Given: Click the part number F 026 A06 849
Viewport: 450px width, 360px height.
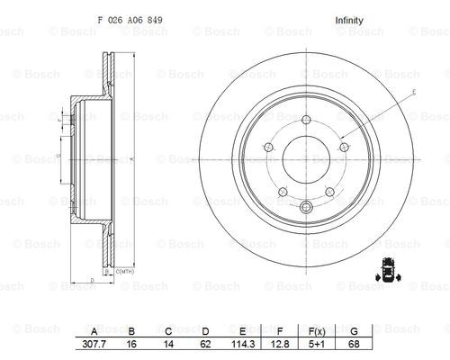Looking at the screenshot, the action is pyautogui.click(x=130, y=20).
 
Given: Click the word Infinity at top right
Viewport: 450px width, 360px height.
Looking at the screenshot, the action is pyautogui.click(x=349, y=21).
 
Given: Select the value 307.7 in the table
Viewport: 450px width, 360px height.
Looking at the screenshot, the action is pyautogui.click(x=94, y=344).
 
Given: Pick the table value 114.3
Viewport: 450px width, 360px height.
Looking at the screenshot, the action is pyautogui.click(x=243, y=344).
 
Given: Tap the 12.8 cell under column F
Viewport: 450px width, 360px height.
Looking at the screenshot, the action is pyautogui.click(x=280, y=344).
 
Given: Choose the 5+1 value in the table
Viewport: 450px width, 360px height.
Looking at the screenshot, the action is pyautogui.click(x=317, y=344).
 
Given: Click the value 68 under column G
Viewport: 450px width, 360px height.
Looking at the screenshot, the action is pyautogui.click(x=354, y=344).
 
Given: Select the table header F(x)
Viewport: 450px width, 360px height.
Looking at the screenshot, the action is pyautogui.click(x=317, y=331).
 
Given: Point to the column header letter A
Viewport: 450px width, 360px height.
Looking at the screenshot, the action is pyautogui.click(x=94, y=331).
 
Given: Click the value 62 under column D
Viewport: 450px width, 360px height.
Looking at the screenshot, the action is pyautogui.click(x=205, y=344).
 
